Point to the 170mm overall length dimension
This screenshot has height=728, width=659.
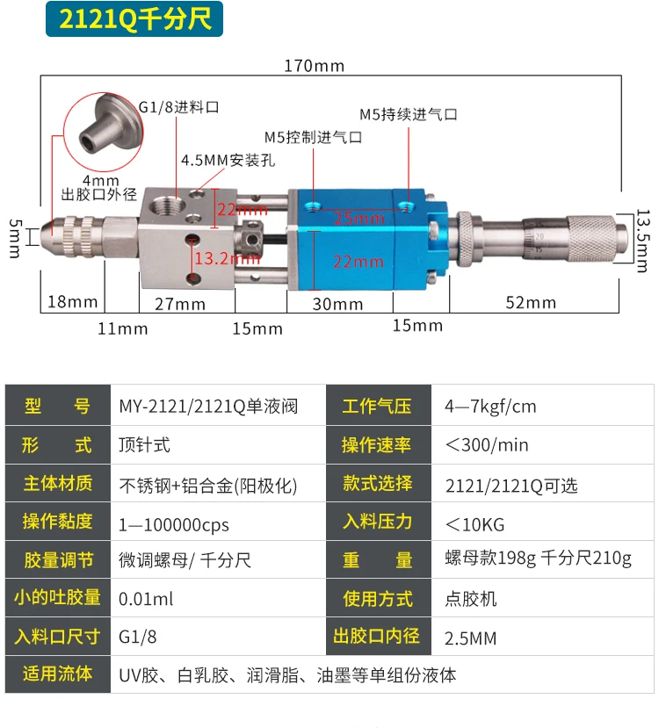click(314, 66)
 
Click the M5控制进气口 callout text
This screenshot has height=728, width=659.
click(313, 137)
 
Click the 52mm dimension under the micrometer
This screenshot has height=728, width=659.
click(531, 302)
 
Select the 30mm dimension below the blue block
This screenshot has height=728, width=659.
click(337, 304)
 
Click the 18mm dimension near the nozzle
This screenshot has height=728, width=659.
click(72, 301)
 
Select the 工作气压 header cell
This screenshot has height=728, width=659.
click(377, 407)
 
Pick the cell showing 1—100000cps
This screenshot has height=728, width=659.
click(174, 524)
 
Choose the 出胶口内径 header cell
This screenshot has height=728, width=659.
click(377, 637)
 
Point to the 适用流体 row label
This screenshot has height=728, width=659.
click(58, 674)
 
